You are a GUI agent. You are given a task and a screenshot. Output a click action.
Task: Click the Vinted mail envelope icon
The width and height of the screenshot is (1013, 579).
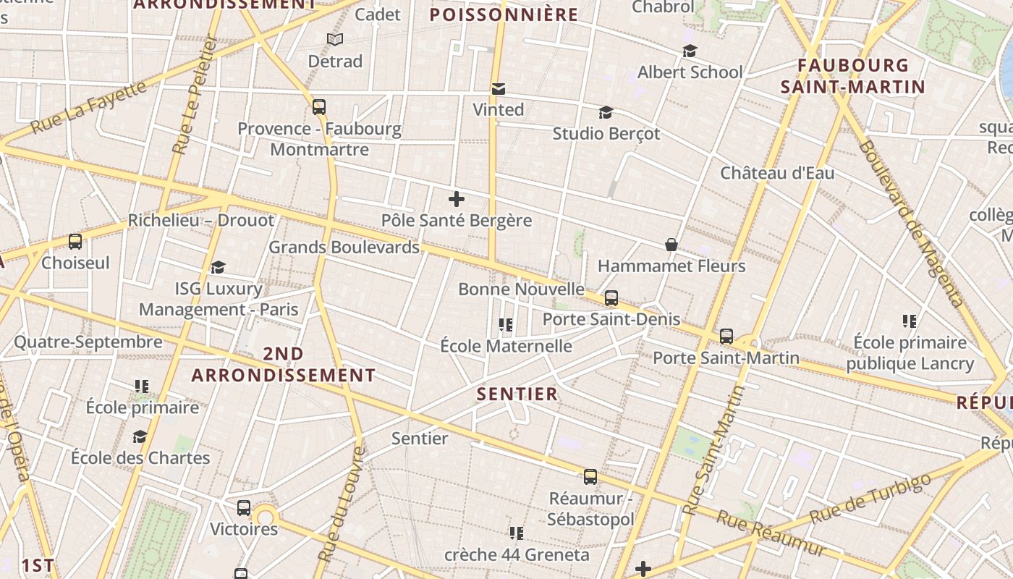tap(498, 89)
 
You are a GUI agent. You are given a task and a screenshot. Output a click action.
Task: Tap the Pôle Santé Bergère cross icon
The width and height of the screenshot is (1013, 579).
tap(457, 199)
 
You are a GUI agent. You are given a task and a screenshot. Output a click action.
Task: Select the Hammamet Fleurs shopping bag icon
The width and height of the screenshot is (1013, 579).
tap(671, 245)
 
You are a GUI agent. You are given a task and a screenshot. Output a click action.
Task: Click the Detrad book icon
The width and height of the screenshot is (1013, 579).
tap(334, 39)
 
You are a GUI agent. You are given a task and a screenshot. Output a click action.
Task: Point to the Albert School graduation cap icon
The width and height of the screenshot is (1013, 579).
tap(690, 51)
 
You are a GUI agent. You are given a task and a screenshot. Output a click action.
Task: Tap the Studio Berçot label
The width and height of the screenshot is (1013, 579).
tap(606, 134)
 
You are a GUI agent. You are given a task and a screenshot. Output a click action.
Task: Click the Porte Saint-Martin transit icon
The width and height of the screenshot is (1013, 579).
tap(726, 337)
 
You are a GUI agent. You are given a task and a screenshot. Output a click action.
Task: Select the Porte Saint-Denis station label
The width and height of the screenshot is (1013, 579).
tap(611, 319)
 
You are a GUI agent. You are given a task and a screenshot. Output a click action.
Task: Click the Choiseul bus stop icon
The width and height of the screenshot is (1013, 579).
tap(75, 242)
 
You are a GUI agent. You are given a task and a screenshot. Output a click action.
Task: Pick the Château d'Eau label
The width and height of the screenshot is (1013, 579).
tap(777, 173)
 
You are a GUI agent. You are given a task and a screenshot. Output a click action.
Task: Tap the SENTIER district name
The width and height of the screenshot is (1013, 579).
tap(517, 394)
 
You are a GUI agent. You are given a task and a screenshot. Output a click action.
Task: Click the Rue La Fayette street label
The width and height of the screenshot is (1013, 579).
tap(88, 108)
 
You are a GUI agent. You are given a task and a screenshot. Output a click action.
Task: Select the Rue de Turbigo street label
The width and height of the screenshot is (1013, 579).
tap(870, 499)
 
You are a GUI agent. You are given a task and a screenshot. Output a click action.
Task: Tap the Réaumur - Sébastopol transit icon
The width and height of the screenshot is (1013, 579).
tap(590, 476)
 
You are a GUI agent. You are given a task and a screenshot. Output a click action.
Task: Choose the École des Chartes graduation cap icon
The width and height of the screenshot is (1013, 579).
tap(140, 436)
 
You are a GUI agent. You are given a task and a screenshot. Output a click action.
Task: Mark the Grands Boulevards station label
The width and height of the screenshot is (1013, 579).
tap(344, 248)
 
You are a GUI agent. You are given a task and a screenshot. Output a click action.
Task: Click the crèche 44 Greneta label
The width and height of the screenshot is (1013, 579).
tap(517, 555)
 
